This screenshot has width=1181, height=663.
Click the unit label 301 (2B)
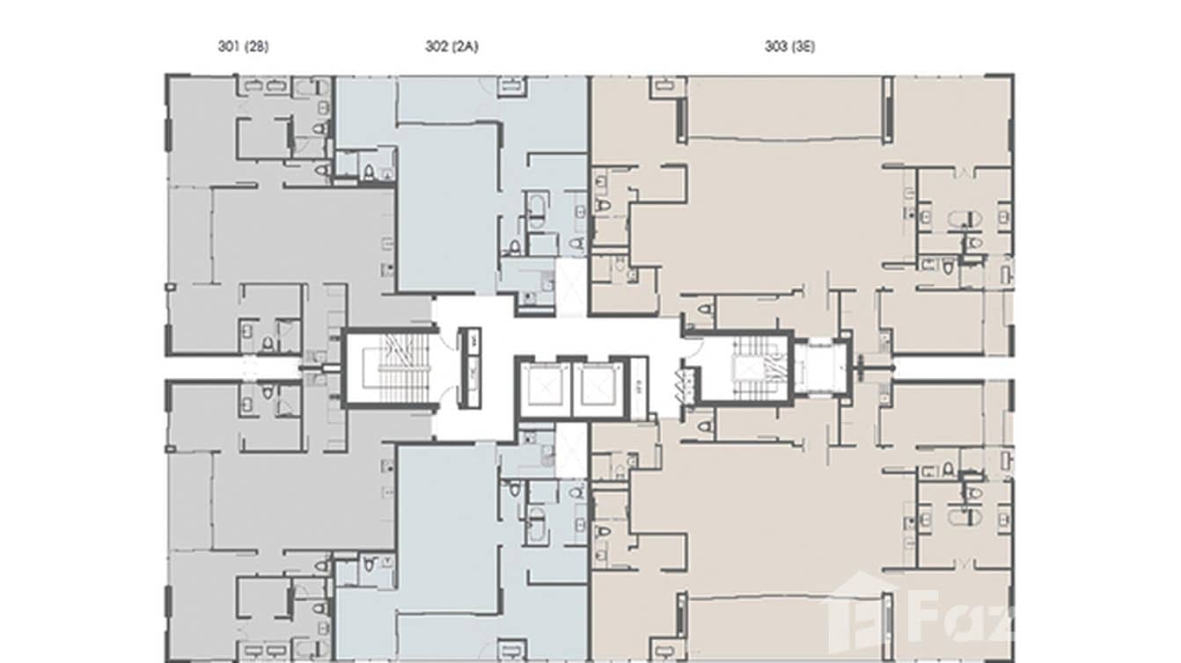click(243, 47)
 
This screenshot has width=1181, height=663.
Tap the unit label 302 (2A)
click(451, 47)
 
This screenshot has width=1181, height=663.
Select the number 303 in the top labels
click(775, 47)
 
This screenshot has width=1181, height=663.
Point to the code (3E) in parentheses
click(803, 47)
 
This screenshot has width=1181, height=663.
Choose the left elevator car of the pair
click(546, 387)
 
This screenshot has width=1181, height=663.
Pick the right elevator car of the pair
click(598, 387)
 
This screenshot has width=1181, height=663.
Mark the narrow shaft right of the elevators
click(638, 386)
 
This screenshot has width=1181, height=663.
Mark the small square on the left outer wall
click(168, 287)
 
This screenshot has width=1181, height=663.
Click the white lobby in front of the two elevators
click(572, 339)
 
